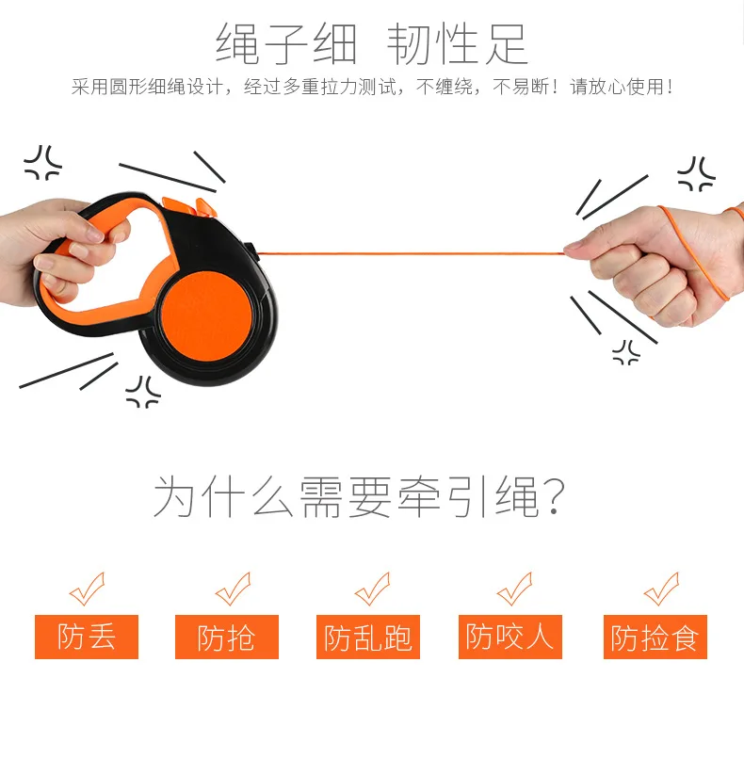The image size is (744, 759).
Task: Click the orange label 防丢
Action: pos(87,637)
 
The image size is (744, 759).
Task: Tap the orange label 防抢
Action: pos(227,637)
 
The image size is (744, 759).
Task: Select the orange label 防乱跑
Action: pos(368,637)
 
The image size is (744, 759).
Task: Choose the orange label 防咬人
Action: pos(510,637)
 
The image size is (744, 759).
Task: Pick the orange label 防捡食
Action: pos(655,637)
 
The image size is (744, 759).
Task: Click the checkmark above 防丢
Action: pos(88,589)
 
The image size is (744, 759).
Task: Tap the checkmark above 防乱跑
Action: pos(372,589)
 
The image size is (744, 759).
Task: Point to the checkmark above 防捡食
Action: pos(661,589)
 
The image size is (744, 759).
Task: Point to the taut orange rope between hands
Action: pos(412,252)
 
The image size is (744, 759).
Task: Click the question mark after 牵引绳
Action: pos(554,496)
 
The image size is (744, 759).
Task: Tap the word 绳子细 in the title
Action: pos(286,44)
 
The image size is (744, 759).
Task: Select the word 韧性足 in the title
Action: pos(457,44)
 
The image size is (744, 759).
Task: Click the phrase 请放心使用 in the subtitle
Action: pos(617,87)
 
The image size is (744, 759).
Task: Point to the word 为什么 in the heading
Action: pos(223,496)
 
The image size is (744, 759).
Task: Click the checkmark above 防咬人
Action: pos(514,589)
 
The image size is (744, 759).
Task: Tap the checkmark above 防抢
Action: pos(234,589)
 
